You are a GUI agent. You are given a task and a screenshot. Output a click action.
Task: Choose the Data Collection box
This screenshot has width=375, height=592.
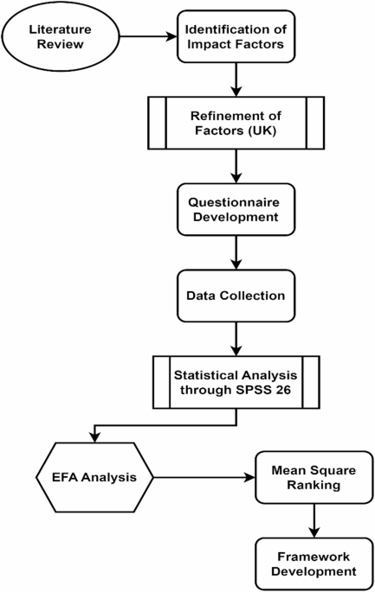[x=236, y=295]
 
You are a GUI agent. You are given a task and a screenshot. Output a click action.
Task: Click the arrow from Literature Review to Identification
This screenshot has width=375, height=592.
[x=149, y=36]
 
